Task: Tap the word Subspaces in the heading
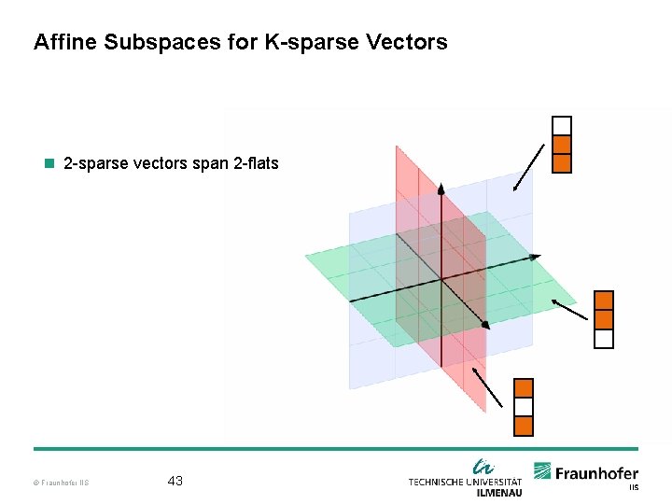coord(155,43)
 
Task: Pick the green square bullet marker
coord(50,164)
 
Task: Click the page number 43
coord(175,481)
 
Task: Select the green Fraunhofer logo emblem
coord(543,471)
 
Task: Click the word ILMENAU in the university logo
coord(499,492)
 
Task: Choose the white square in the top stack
coord(561,126)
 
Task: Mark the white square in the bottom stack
coord(524,407)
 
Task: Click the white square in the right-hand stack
coord(604,338)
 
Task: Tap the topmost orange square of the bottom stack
coord(524,388)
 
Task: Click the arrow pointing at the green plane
coord(570,311)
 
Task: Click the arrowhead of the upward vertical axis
coord(441,189)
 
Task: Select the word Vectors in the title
coord(408,43)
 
